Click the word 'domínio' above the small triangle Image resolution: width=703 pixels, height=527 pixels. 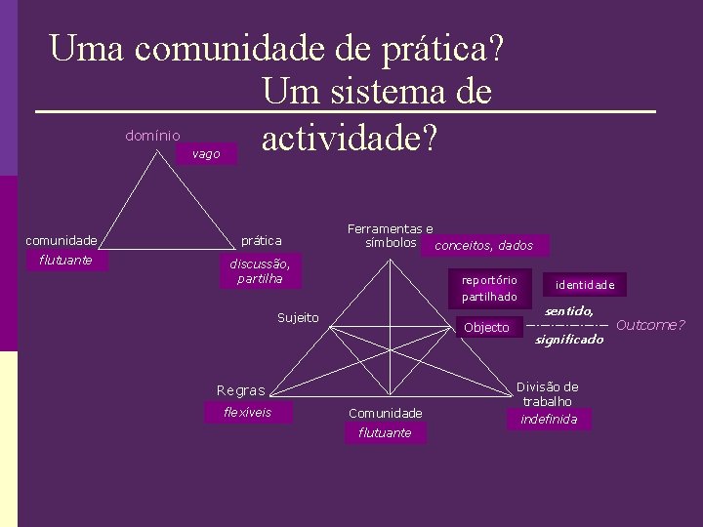152,135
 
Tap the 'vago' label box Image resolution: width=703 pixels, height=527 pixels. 206,154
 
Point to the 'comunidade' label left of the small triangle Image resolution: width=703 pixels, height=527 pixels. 61,240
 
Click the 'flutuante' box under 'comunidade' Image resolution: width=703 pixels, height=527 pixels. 66,260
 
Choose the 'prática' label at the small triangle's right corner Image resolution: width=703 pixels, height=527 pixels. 261,240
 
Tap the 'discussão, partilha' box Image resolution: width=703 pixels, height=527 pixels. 260,271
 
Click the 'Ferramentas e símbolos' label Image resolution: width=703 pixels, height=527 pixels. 391,235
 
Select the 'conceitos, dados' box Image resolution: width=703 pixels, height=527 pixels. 483,245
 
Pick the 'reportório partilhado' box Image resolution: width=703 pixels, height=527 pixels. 489,287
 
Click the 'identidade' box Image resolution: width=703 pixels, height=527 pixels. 585,285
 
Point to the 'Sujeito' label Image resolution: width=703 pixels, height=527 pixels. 298,318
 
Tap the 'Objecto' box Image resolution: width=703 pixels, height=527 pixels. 486,328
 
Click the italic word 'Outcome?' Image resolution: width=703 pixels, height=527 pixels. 651,325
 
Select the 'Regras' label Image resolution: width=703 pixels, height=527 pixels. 240,390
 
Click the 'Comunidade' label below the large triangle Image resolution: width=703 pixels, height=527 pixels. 385,414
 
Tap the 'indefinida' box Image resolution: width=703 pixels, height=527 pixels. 549,420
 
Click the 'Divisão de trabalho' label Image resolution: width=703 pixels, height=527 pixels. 547,393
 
